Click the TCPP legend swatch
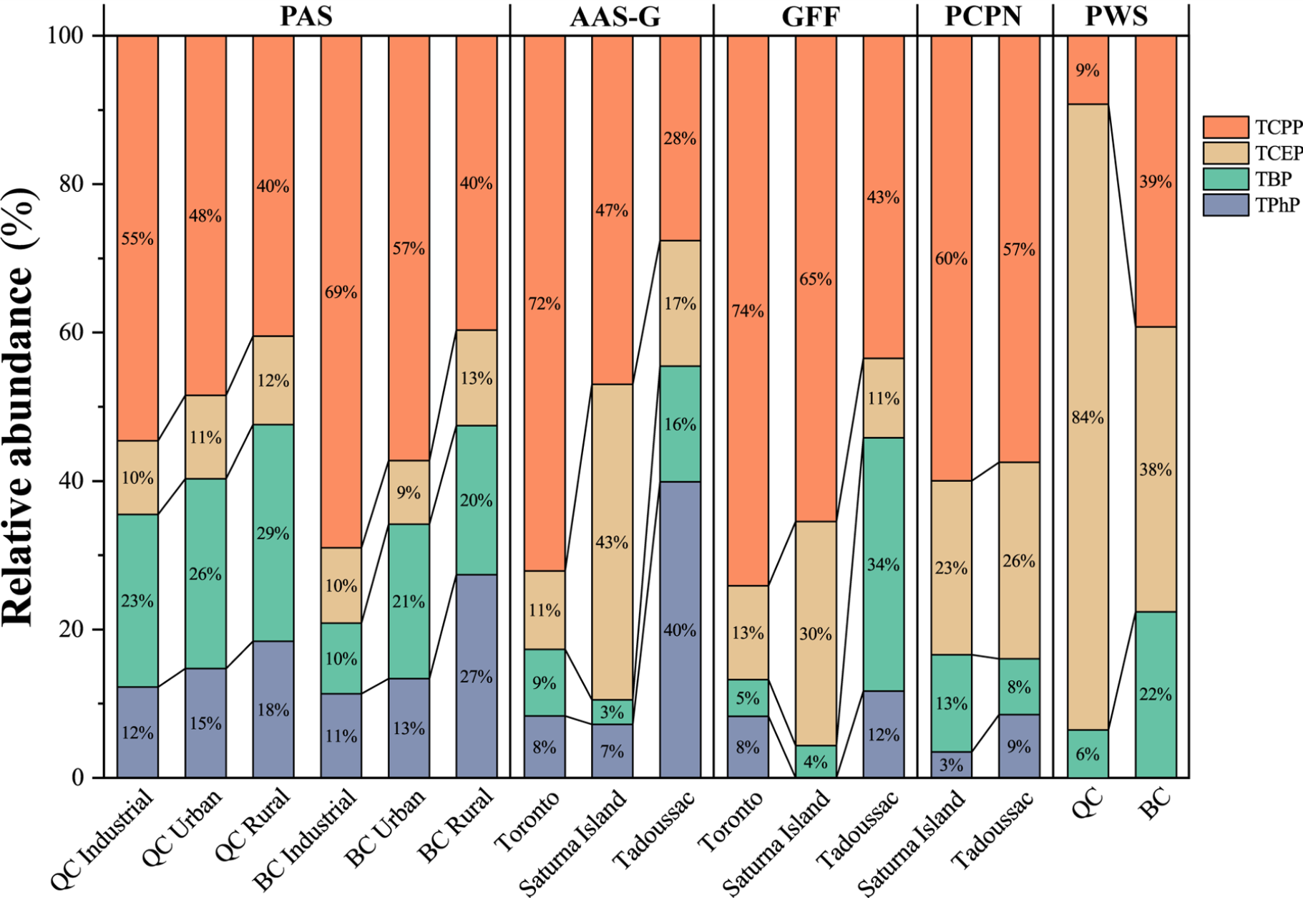(1225, 127)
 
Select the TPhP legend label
(1277, 206)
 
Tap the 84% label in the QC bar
(1088, 417)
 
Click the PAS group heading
(306, 16)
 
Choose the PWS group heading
(1116, 16)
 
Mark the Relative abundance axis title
(19, 406)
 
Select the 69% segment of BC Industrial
(341, 292)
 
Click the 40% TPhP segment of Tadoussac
(680, 630)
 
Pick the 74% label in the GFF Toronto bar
(748, 311)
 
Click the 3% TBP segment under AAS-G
(612, 712)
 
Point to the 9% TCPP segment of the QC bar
(1088, 70)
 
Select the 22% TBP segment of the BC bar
(1156, 694)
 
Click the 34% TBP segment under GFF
(883, 565)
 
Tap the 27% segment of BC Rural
(476, 677)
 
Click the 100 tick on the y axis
(65, 35)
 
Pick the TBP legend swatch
(1225, 179)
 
